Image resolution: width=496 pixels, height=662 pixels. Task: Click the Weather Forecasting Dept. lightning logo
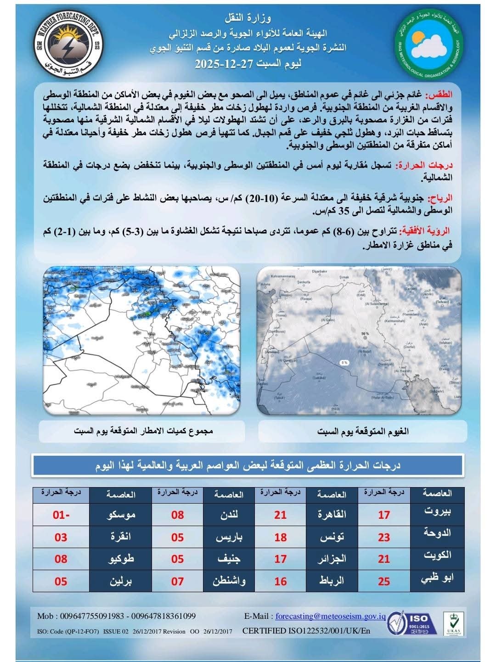[69, 45]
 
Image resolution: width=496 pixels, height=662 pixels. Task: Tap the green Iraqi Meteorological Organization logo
[428, 45]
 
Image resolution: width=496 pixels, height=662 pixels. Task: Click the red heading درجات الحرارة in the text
[424, 165]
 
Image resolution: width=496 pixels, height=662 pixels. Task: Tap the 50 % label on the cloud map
[365, 334]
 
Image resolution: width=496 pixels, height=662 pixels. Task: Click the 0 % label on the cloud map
[344, 362]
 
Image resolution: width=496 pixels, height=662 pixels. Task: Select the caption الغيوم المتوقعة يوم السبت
[363, 431]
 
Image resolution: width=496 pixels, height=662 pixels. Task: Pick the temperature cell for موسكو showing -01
[61, 515]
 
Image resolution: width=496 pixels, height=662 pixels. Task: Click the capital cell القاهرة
[332, 515]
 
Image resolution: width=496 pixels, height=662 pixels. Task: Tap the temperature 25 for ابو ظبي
[384, 581]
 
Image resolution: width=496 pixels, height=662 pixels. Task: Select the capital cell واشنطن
[229, 581]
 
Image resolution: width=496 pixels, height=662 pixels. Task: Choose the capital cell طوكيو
[121, 559]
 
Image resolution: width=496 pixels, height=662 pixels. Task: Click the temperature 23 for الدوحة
[384, 537]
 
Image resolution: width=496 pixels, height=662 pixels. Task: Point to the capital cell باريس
[229, 537]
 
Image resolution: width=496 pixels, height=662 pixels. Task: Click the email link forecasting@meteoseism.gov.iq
[330, 616]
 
